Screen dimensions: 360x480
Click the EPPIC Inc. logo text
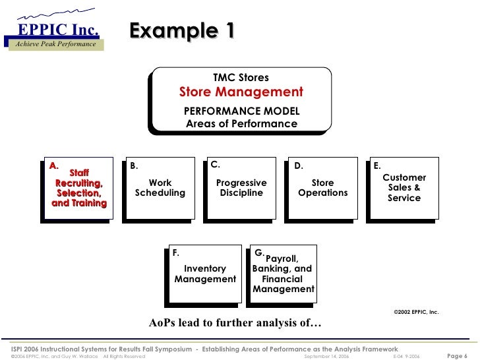58,28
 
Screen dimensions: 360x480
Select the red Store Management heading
241,92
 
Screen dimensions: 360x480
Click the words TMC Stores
241,78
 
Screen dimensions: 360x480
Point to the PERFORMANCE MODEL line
241,111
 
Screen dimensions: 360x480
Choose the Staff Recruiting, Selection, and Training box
78,189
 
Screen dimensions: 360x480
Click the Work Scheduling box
160,188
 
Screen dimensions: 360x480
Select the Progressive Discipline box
241,188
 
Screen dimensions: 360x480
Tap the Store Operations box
322,188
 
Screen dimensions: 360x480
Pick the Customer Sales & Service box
404,188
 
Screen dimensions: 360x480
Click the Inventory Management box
205,274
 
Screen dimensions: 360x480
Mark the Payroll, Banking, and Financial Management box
284,274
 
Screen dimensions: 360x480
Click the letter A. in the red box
54,165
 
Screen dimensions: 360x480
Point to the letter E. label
376,166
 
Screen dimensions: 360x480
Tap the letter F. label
175,253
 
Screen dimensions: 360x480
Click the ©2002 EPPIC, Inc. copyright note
415,311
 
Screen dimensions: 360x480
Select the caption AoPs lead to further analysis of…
235,323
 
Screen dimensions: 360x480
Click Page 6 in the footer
457,355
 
